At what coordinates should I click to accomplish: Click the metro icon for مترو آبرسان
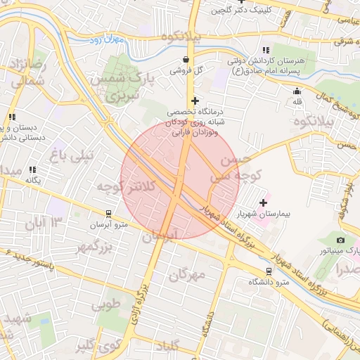(x=108, y=212)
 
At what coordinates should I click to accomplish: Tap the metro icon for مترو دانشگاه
(x=269, y=271)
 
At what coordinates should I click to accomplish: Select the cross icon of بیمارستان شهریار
(x=264, y=202)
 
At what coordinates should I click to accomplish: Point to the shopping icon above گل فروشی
(x=185, y=60)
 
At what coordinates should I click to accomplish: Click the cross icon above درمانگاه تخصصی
(x=195, y=101)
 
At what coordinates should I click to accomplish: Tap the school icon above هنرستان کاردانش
(x=265, y=50)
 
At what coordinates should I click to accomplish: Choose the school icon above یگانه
(x=32, y=169)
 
